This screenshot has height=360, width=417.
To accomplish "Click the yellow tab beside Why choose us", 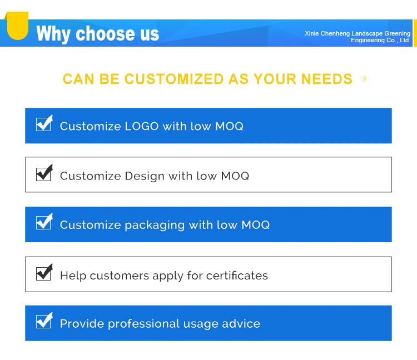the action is click(x=17, y=25).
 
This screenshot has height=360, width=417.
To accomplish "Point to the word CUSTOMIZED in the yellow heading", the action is click(x=174, y=79).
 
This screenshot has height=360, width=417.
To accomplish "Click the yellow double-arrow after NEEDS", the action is click(x=364, y=79).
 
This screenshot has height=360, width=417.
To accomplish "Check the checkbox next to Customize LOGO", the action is click(x=44, y=123).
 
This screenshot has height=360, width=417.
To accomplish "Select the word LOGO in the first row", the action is click(x=142, y=126).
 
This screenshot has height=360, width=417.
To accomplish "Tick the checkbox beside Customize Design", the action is click(x=44, y=173).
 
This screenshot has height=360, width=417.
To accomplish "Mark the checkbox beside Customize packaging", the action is click(x=44, y=222).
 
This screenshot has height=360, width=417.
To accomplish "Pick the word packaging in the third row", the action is click(x=155, y=226).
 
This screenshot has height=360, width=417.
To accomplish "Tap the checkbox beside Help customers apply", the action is click(x=44, y=272).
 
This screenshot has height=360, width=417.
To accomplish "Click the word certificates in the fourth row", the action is click(x=237, y=276).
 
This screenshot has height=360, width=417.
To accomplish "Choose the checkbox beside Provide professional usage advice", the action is click(x=44, y=321).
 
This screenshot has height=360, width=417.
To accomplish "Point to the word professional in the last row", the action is click(x=143, y=324).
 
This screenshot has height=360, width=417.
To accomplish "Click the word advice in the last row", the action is click(x=241, y=323).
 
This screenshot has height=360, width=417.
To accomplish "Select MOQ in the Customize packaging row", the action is click(x=256, y=225).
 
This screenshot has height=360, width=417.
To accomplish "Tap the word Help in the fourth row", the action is click(x=73, y=276).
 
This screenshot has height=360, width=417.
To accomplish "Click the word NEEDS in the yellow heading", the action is click(x=326, y=79).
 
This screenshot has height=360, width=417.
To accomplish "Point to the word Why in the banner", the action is click(x=53, y=34).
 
